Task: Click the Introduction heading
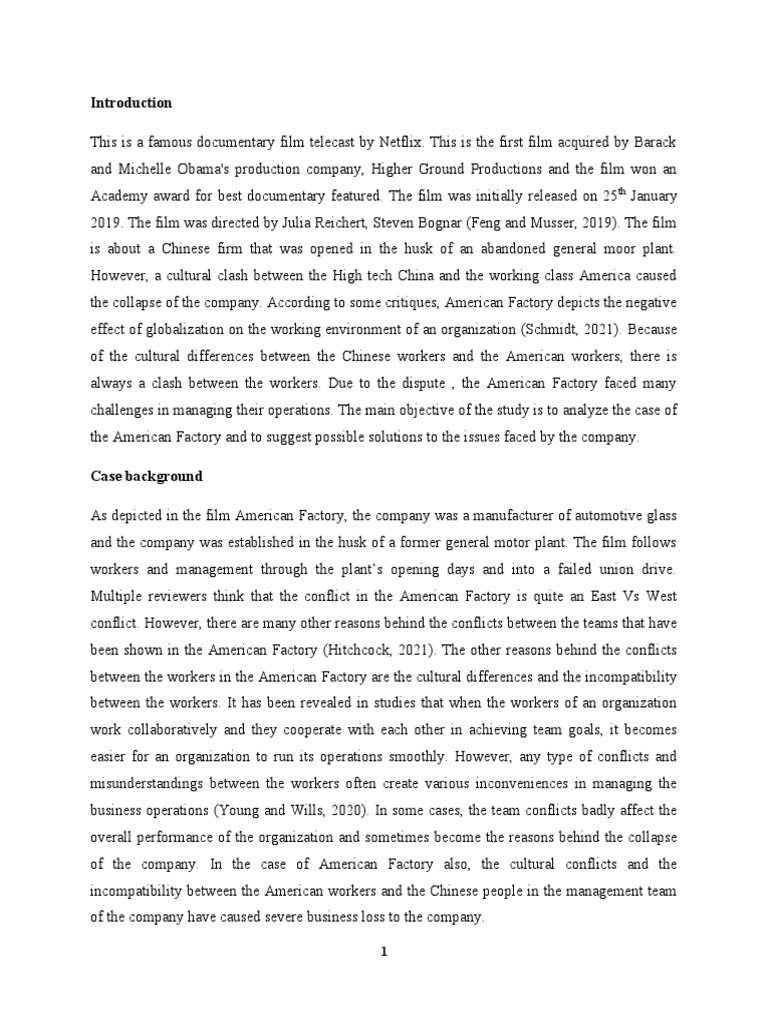(x=131, y=102)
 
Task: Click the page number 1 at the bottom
(x=383, y=952)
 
